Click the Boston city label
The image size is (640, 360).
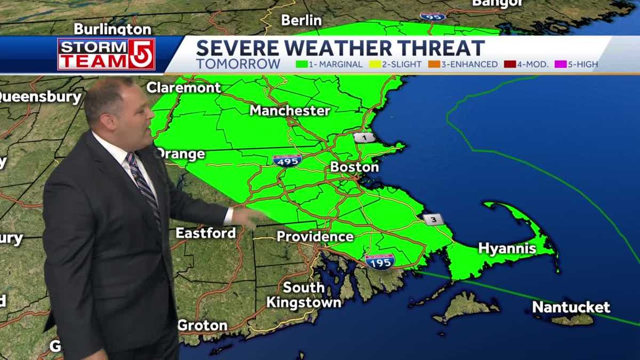pyautogui.click(x=354, y=167)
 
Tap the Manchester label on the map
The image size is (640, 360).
pyautogui.click(x=290, y=111)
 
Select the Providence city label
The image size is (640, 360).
pyautogui.click(x=315, y=236)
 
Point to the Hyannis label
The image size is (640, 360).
pyautogui.click(x=507, y=248)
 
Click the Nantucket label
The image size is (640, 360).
pyautogui.click(x=571, y=307)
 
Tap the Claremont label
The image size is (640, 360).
pyautogui.click(x=183, y=87)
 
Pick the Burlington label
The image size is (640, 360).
pyautogui.click(x=112, y=28)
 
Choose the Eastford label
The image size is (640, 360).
pyautogui.click(x=205, y=233)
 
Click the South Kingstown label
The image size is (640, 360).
pyautogui.click(x=303, y=295)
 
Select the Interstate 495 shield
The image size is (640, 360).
pyautogui.click(x=287, y=160)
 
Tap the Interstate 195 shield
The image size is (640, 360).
pyautogui.click(x=380, y=261)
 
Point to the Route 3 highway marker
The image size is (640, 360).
pyautogui.click(x=433, y=219)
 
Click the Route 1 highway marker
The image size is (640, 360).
pyautogui.click(x=364, y=138)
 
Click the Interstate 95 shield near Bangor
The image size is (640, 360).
pyautogui.click(x=433, y=16)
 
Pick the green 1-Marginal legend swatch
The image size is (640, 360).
pyautogui.click(x=302, y=65)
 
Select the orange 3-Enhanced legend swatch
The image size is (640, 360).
pyautogui.click(x=433, y=65)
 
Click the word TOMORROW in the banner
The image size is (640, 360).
pyautogui.click(x=238, y=64)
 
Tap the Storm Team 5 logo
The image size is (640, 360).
pyautogui.click(x=106, y=54)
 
